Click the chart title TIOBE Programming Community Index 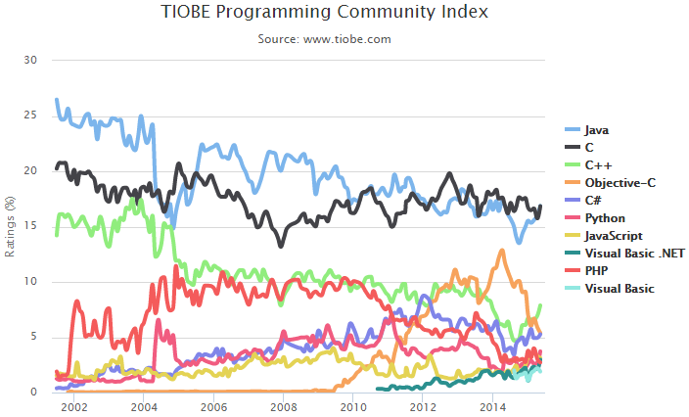[324, 13]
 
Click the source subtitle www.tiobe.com [324, 39]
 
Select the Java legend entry [598, 129]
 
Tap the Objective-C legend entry [620, 182]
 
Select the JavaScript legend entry [614, 235]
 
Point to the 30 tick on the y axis [29, 60]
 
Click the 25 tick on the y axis [29, 116]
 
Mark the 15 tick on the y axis [29, 226]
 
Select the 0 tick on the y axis [32, 393]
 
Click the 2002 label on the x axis [74, 406]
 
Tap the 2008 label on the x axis [284, 406]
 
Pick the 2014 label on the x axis [493, 406]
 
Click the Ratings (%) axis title [10, 226]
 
